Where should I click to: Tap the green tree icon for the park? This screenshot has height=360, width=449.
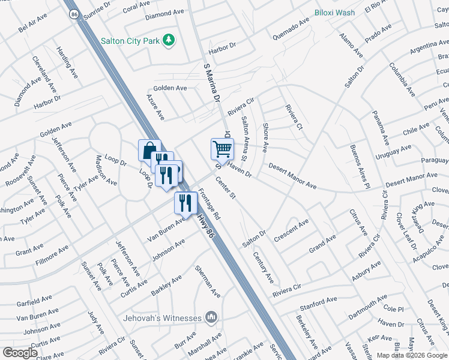[x=170, y=40]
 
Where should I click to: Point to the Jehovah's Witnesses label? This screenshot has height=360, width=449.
[x=163, y=317]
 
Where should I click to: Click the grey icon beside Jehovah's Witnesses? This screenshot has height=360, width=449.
[x=211, y=317]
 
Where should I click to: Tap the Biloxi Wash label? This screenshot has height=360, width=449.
[x=335, y=13]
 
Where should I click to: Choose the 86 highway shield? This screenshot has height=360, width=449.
[x=74, y=14]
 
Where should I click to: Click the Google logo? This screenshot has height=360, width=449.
[x=20, y=353]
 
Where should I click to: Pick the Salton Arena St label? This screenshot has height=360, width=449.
[x=244, y=139]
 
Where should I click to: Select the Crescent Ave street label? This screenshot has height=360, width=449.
[x=291, y=230]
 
